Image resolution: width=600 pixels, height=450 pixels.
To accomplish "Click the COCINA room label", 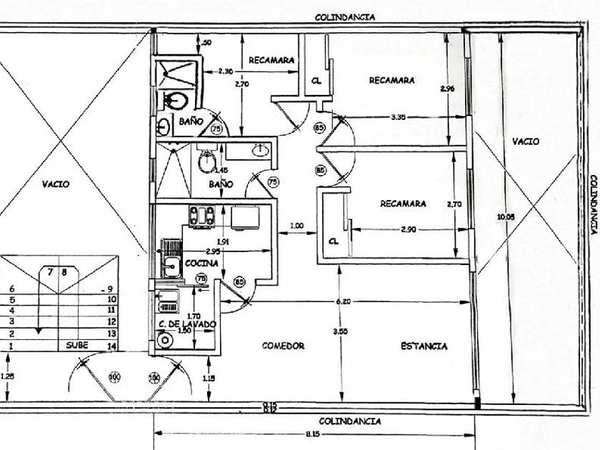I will [x=201, y=263].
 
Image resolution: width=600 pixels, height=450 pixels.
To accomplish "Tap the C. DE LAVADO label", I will [x=186, y=324].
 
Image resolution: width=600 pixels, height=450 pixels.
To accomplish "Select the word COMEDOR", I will [x=283, y=346].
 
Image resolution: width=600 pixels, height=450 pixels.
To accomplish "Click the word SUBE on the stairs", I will [x=77, y=344].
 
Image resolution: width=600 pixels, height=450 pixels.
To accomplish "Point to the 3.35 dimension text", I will [x=398, y=117].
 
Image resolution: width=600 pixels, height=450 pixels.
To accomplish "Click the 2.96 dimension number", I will [x=447, y=89].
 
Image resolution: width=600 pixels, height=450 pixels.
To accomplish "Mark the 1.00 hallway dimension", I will [x=296, y=226].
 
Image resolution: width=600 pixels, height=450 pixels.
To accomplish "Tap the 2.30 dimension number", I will [x=225, y=71].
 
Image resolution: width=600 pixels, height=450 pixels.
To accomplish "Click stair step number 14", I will [x=111, y=345].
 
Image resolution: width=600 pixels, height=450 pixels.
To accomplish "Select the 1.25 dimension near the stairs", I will [x=6, y=376].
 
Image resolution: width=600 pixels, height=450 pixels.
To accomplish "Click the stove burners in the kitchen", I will [x=201, y=214].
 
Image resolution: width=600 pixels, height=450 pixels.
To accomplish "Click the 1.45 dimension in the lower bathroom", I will [x=221, y=170].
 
